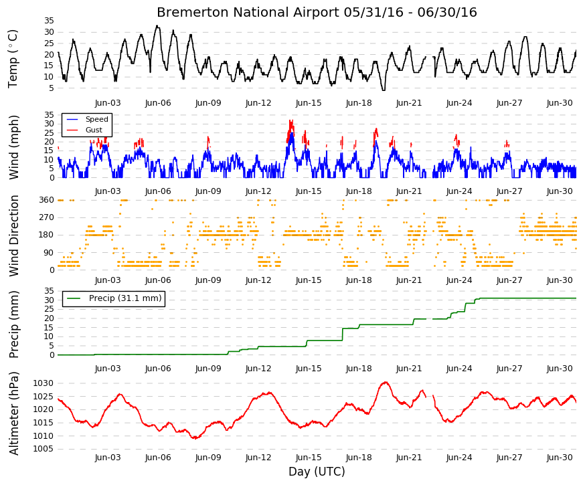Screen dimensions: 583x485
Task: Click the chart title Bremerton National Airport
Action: [x=248, y=12]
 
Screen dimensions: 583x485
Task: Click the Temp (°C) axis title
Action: [x=13, y=59]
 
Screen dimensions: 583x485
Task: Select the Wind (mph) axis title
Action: [x=13, y=148]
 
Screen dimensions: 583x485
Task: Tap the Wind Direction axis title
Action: [x=13, y=235]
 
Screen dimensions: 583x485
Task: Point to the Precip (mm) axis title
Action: [x=13, y=324]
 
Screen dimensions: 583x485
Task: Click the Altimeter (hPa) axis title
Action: [x=13, y=413]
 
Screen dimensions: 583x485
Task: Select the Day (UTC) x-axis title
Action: [x=317, y=471]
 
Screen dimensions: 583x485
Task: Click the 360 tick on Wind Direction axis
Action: [x=47, y=200]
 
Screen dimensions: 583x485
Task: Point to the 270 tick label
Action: [x=47, y=217]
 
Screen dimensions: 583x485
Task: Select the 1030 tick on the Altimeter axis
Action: [x=43, y=383]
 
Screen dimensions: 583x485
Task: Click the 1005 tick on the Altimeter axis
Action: [x=43, y=449]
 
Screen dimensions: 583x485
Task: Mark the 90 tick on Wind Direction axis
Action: [x=50, y=253]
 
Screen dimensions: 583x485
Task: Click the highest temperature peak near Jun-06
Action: [x=157, y=26]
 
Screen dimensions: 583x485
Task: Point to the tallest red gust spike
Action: [x=291, y=121]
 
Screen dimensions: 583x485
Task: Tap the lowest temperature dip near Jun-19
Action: [x=384, y=90]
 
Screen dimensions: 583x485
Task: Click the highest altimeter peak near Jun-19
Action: [x=385, y=382]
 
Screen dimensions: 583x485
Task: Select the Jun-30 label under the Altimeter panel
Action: [x=560, y=458]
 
